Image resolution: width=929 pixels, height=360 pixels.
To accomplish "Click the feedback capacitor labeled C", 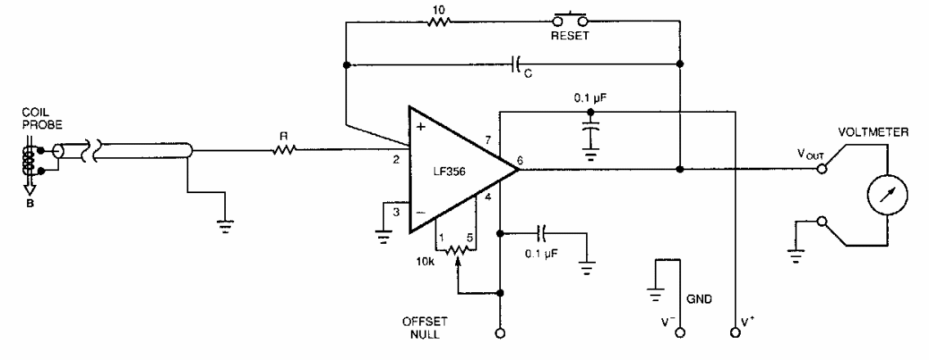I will (x=517, y=63).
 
